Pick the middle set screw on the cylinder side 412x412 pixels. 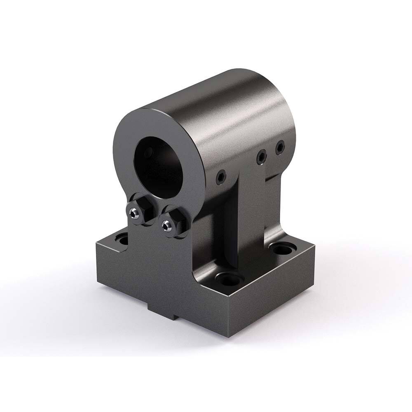pyautogui.click(x=261, y=157)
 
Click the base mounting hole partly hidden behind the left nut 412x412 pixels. pyautogui.click(x=121, y=238)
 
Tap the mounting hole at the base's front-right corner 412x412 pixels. pyautogui.click(x=227, y=279)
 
